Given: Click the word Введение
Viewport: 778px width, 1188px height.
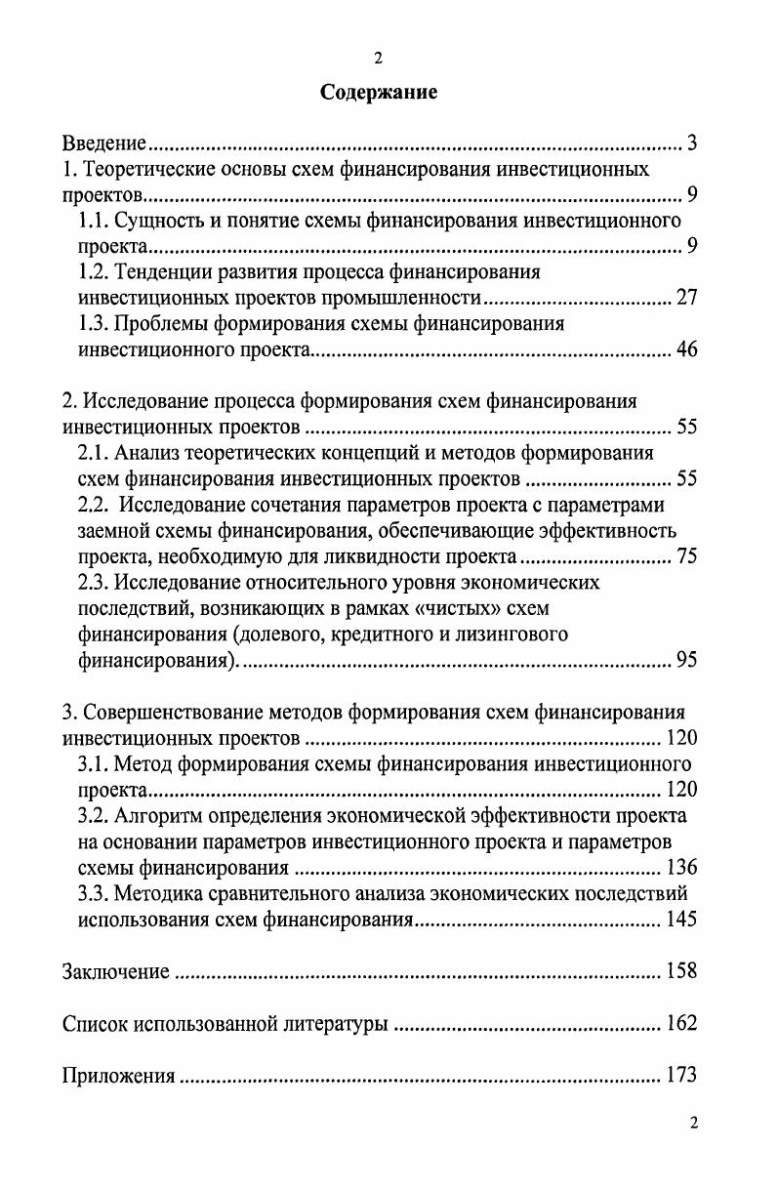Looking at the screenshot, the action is [104, 145].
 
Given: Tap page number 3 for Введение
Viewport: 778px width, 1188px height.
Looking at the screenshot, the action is [691, 144].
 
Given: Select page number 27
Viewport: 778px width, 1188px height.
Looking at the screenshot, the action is [686, 298].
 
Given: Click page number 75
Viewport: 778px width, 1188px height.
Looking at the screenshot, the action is [686, 557].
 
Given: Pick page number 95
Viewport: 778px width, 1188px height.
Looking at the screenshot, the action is [686, 661].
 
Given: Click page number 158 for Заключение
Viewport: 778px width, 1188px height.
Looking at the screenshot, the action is [680, 971].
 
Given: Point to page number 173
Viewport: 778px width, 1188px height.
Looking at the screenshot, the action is [680, 1076].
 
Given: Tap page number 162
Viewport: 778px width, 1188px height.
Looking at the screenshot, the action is [680, 1024].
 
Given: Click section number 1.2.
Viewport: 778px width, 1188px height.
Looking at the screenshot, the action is [94, 271].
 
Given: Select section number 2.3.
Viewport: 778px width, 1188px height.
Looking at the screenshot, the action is [94, 583].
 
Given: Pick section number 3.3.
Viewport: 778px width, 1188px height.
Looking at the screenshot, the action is [94, 893].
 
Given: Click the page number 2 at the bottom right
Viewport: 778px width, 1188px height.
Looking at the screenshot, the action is [693, 1123].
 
